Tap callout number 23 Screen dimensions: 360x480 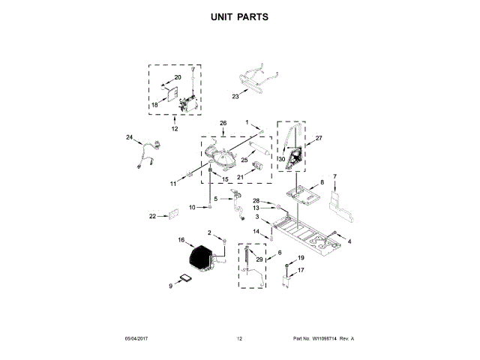click(235, 96)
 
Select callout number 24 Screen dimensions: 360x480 click(129, 138)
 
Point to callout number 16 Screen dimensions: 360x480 click(181, 240)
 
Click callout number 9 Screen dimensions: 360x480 click(171, 286)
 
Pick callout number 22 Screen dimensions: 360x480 click(152, 216)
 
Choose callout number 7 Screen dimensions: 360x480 click(334, 177)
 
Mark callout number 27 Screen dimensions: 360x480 click(318, 138)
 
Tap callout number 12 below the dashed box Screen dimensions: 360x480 click(175, 129)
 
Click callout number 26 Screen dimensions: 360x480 click(222, 122)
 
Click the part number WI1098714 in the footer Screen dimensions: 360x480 click(318, 339)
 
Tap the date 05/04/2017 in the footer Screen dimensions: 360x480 click(137, 339)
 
